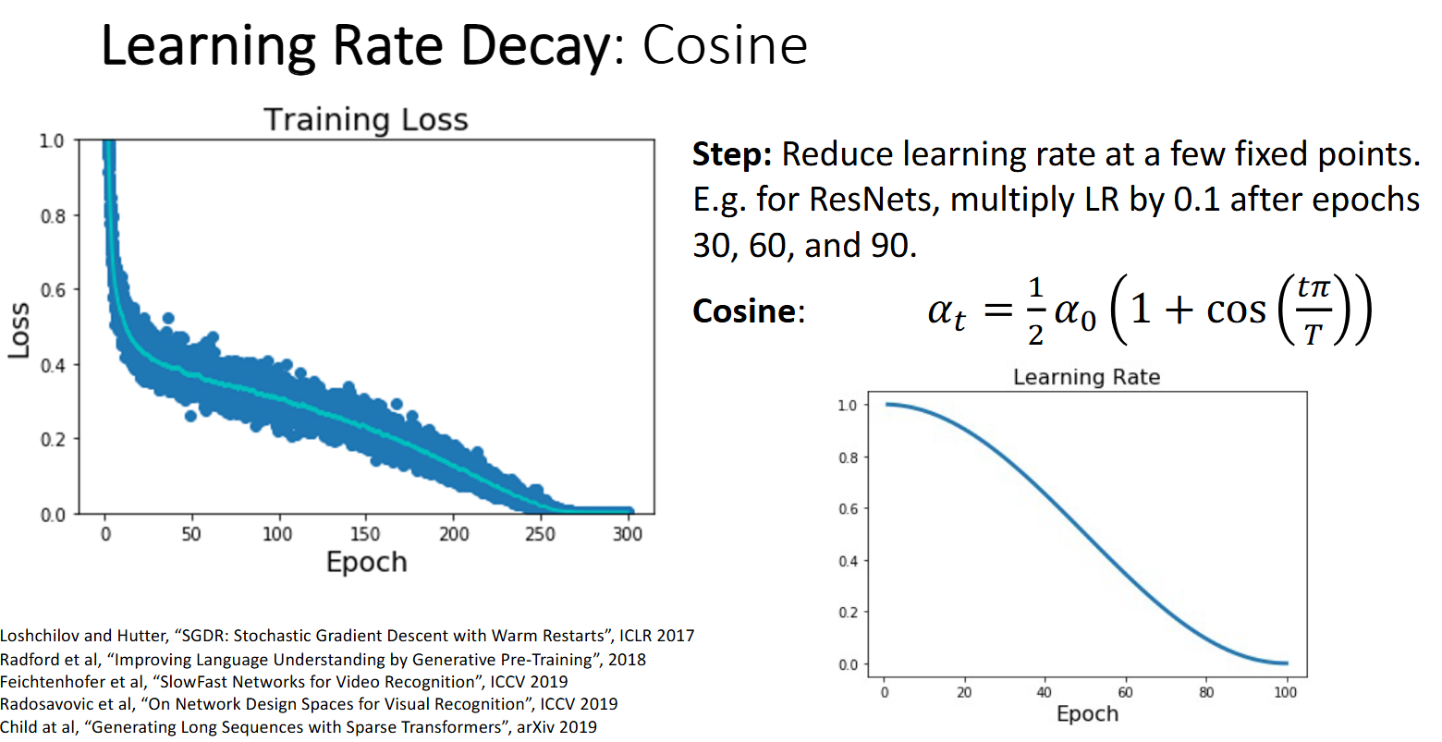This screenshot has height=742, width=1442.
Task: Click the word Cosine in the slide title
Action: pos(725,45)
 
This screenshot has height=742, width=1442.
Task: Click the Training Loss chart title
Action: pos(366,120)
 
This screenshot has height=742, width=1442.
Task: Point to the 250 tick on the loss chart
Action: pos(540,534)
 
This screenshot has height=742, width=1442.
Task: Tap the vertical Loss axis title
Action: pos(19,330)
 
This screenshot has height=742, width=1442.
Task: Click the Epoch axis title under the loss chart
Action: pos(366,562)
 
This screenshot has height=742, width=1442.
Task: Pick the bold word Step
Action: pos(731,154)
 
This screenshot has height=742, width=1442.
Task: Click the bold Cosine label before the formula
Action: pos(745,311)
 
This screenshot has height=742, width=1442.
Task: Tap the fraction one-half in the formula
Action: pos(1035,311)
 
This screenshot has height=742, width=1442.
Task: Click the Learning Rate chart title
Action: pos(1086,377)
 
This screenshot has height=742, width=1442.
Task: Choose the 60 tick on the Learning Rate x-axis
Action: pos(1126,692)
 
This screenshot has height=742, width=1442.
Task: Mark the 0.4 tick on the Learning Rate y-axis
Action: pos(848,561)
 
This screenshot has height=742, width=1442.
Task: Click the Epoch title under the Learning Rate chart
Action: pos(1087,714)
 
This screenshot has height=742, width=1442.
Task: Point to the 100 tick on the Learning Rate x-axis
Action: pos(1286,692)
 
